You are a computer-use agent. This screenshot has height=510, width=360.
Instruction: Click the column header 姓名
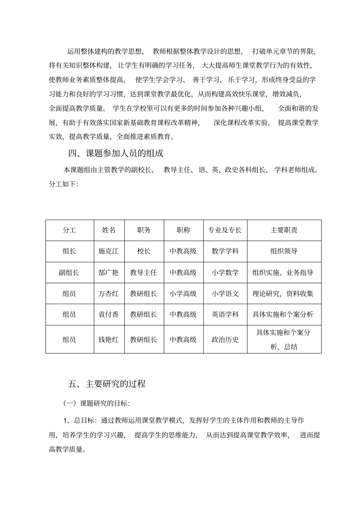click(109, 230)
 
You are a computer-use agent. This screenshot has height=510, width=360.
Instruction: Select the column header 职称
click(183, 230)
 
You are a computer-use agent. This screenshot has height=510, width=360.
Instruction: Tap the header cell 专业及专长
click(225, 230)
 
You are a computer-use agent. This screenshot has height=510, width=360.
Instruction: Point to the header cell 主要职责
click(284, 230)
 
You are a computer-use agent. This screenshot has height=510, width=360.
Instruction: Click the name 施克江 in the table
click(109, 251)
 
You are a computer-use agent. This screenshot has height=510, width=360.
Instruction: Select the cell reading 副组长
click(69, 273)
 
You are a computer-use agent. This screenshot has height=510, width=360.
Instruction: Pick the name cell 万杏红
click(109, 293)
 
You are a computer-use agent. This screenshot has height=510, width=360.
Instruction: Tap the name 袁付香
click(109, 314)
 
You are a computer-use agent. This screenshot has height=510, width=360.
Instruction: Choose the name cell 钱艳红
click(109, 339)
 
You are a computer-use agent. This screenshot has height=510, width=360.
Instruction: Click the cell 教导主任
click(144, 273)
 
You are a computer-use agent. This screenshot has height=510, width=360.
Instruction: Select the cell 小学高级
click(183, 293)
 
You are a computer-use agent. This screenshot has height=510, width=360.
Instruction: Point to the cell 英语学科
click(225, 314)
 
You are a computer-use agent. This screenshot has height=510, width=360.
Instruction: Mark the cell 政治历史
click(225, 339)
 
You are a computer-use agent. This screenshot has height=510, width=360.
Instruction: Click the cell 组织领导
click(284, 251)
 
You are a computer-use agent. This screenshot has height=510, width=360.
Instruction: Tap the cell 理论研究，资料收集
click(283, 293)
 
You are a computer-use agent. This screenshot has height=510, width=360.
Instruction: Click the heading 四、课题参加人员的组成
click(116, 154)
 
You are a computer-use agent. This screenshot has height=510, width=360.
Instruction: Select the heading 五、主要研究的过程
click(107, 384)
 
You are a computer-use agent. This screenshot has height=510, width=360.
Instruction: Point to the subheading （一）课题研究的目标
click(97, 403)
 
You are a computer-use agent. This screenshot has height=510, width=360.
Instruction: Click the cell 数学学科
click(225, 251)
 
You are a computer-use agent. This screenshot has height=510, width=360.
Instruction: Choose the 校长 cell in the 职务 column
click(144, 251)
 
